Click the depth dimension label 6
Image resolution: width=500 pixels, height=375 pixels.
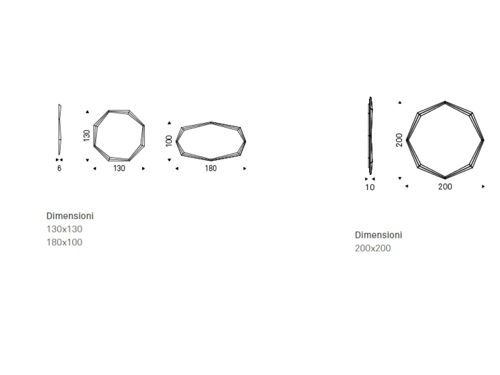tap(59, 168)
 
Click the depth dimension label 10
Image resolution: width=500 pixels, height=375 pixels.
tap(370, 187)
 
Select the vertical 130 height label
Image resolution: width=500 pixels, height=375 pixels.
tap(86, 135)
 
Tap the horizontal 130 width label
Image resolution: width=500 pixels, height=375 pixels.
tap(119, 168)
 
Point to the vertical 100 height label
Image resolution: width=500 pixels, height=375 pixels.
tap(169, 141)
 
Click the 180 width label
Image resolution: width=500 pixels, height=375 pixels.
tap(211, 168)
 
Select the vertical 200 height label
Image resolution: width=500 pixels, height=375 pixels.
tap(399, 140)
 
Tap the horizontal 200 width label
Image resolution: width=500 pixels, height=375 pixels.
tap(445, 186)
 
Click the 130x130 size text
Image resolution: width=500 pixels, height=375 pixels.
tap(64, 229)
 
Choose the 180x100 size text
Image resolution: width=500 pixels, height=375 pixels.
tap(64, 242)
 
